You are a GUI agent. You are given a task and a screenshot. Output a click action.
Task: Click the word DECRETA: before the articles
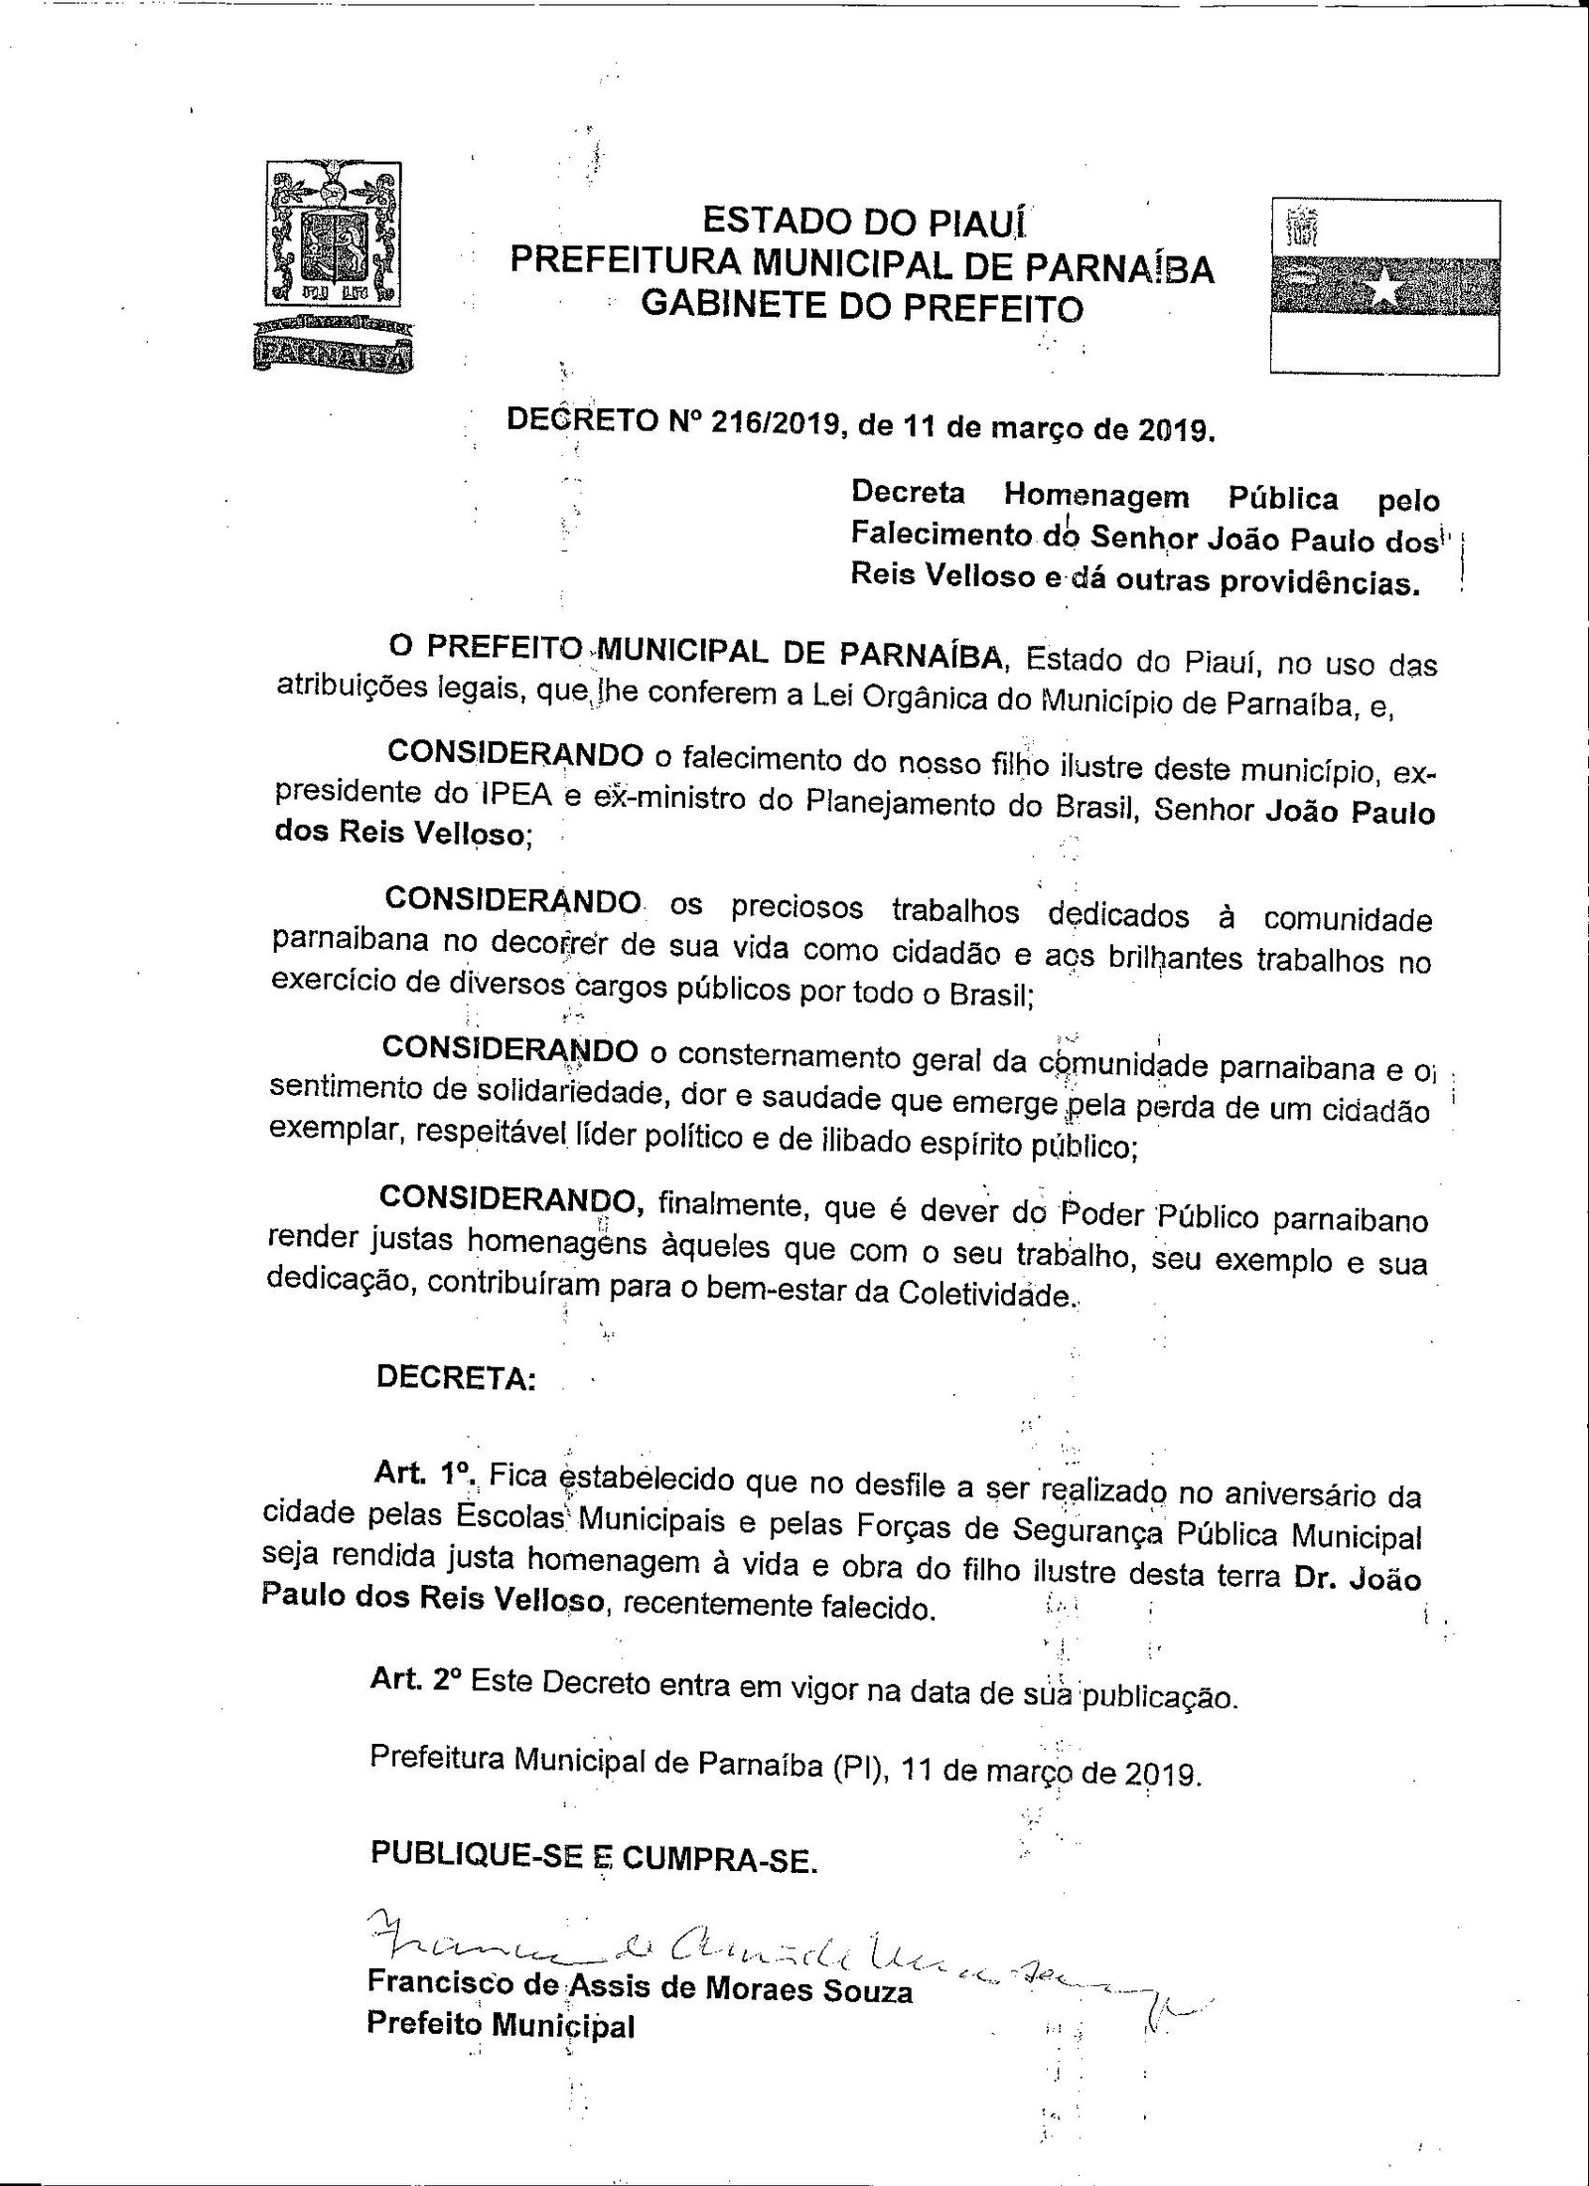point(456,1380)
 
